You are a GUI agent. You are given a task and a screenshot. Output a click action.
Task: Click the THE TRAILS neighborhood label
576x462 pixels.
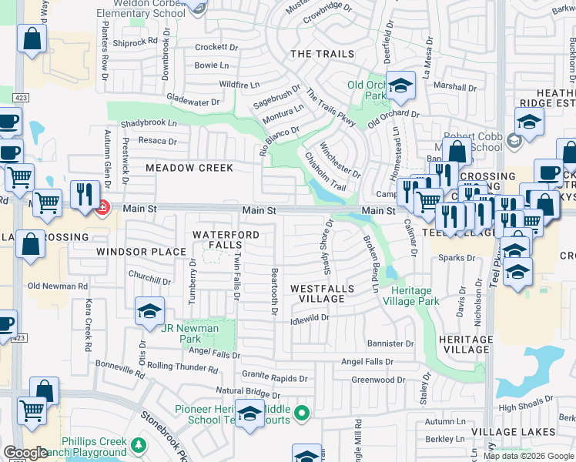pyautogui.click(x=322, y=54)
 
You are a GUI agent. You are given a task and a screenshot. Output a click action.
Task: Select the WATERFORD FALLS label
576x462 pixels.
pyautogui.click(x=222, y=239)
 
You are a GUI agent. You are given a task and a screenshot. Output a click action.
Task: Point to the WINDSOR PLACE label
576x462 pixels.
pyautogui.click(x=141, y=252)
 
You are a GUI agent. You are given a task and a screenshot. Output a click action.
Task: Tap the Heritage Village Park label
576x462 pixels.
pyautogui.click(x=415, y=296)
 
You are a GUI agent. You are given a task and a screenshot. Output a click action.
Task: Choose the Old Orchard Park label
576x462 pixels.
pyautogui.click(x=366, y=91)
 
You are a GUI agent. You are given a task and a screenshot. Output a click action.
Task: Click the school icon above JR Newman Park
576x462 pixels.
pyautogui.click(x=149, y=310)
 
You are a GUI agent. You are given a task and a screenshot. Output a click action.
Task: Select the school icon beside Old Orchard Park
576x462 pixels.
pyautogui.click(x=400, y=86)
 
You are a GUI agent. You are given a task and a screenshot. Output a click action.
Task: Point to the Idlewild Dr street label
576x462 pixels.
pyautogui.click(x=310, y=317)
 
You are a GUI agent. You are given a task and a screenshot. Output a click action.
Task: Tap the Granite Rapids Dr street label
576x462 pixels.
pyautogui.click(x=275, y=378)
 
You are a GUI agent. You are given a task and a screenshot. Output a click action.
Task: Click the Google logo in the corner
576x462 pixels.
pyautogui.click(x=25, y=453)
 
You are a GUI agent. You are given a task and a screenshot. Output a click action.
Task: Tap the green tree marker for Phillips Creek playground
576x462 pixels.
pyautogui.click(x=138, y=445)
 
